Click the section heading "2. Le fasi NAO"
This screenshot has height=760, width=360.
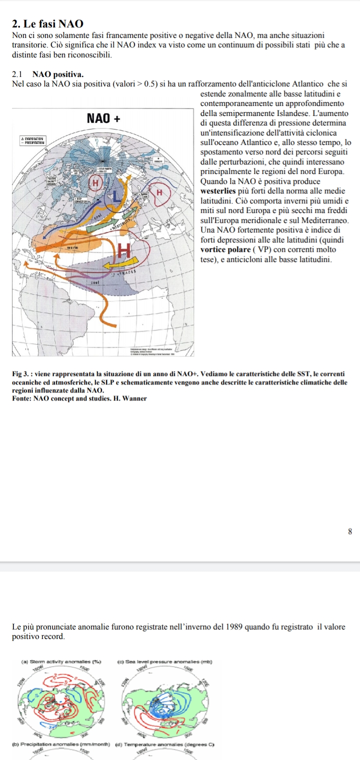click(x=47, y=24)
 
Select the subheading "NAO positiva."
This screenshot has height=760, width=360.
click(x=58, y=74)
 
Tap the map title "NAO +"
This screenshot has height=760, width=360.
click(x=103, y=118)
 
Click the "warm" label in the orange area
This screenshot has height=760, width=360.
click(x=73, y=247)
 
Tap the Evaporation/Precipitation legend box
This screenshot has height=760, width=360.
click(x=32, y=141)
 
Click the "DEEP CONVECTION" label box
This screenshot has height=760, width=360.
click(x=80, y=201)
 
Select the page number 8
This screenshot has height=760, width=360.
click(x=350, y=531)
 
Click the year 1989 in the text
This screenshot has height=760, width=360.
click(x=238, y=627)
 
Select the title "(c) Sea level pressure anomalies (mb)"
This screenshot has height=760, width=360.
click(x=164, y=661)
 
